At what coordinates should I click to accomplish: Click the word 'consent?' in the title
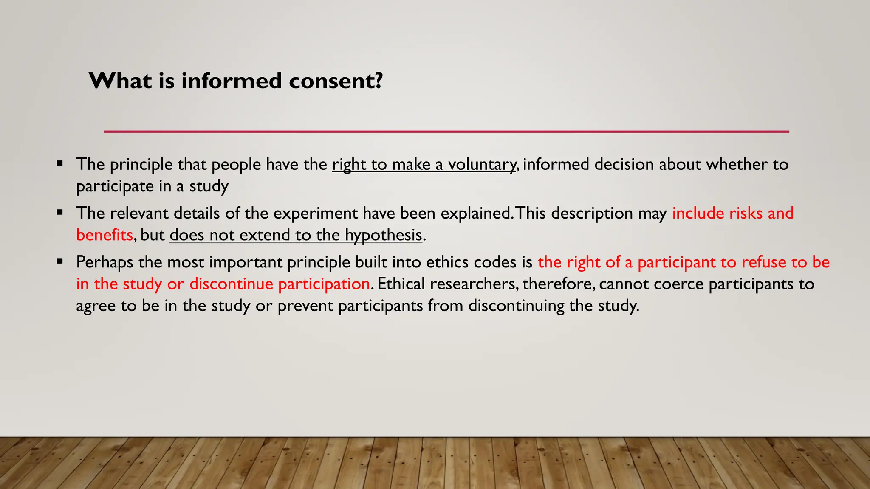tap(336, 81)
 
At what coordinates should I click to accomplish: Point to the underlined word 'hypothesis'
tap(384, 235)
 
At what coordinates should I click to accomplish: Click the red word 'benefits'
tap(105, 235)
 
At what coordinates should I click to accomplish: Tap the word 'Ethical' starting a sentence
tap(401, 284)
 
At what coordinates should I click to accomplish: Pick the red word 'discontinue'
tap(231, 284)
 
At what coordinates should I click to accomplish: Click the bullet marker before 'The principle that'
tap(60, 163)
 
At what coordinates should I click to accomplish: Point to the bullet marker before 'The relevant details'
tap(60, 212)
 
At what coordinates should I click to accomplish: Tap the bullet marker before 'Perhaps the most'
tap(60, 261)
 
